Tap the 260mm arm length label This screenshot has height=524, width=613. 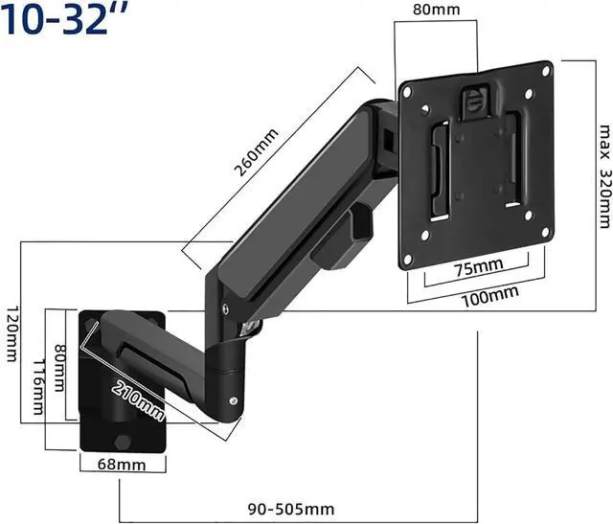(256, 152)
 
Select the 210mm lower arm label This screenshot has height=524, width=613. (138, 401)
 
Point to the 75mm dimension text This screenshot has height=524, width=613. (479, 267)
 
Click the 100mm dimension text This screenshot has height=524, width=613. (490, 296)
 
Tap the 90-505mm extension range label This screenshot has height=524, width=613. (291, 509)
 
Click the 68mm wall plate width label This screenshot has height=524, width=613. (122, 465)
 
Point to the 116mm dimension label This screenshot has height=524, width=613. (38, 386)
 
